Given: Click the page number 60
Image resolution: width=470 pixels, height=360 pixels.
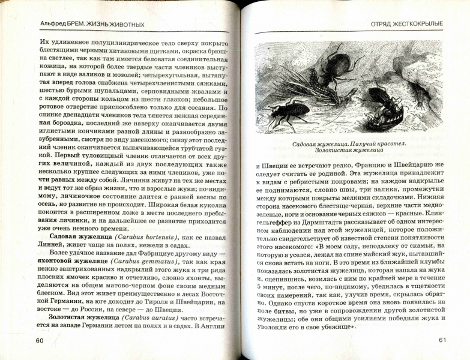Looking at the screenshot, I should pos(40,341).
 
